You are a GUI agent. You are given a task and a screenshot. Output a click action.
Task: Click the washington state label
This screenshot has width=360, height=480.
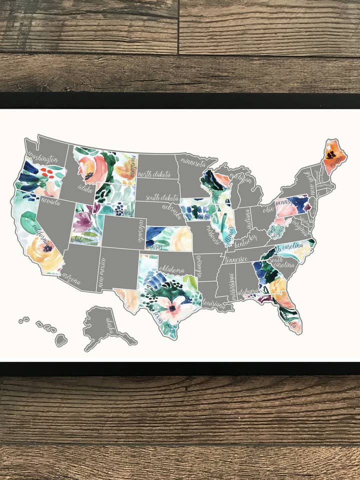point(44,157)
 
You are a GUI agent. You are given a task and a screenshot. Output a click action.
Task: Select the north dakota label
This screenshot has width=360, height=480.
point(154,174)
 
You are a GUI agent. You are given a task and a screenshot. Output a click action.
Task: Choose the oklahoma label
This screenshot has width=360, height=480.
point(171,270)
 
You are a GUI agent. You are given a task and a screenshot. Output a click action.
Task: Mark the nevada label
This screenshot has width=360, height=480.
point(50,202)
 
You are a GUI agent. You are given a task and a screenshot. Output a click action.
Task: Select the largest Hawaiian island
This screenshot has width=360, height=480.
point(61,341)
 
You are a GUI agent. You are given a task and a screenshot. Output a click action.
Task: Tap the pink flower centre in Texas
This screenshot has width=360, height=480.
point(172,307)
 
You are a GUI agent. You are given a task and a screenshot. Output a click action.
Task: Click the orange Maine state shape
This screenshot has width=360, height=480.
point(332,156)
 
